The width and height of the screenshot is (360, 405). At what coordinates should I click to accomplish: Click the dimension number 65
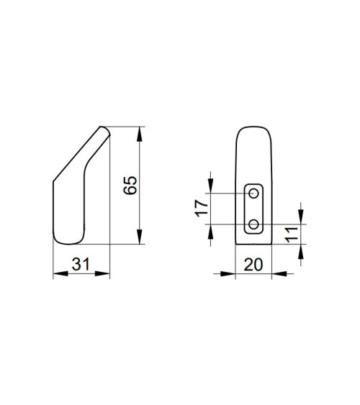point(130,186)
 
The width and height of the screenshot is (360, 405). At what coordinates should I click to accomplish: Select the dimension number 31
point(81,264)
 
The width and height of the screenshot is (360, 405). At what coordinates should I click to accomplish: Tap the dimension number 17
point(202,208)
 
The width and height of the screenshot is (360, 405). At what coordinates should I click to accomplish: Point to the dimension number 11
point(292,235)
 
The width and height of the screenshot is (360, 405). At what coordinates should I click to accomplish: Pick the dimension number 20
point(253,265)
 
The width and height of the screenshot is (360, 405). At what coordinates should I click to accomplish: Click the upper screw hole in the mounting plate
point(253,194)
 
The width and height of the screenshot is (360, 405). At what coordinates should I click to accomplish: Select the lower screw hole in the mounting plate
point(253,224)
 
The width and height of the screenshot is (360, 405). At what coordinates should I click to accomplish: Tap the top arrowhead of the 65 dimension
point(140,134)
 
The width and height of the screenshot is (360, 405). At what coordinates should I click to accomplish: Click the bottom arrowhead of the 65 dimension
point(140,237)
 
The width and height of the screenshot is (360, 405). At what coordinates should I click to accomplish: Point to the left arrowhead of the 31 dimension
point(60,273)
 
